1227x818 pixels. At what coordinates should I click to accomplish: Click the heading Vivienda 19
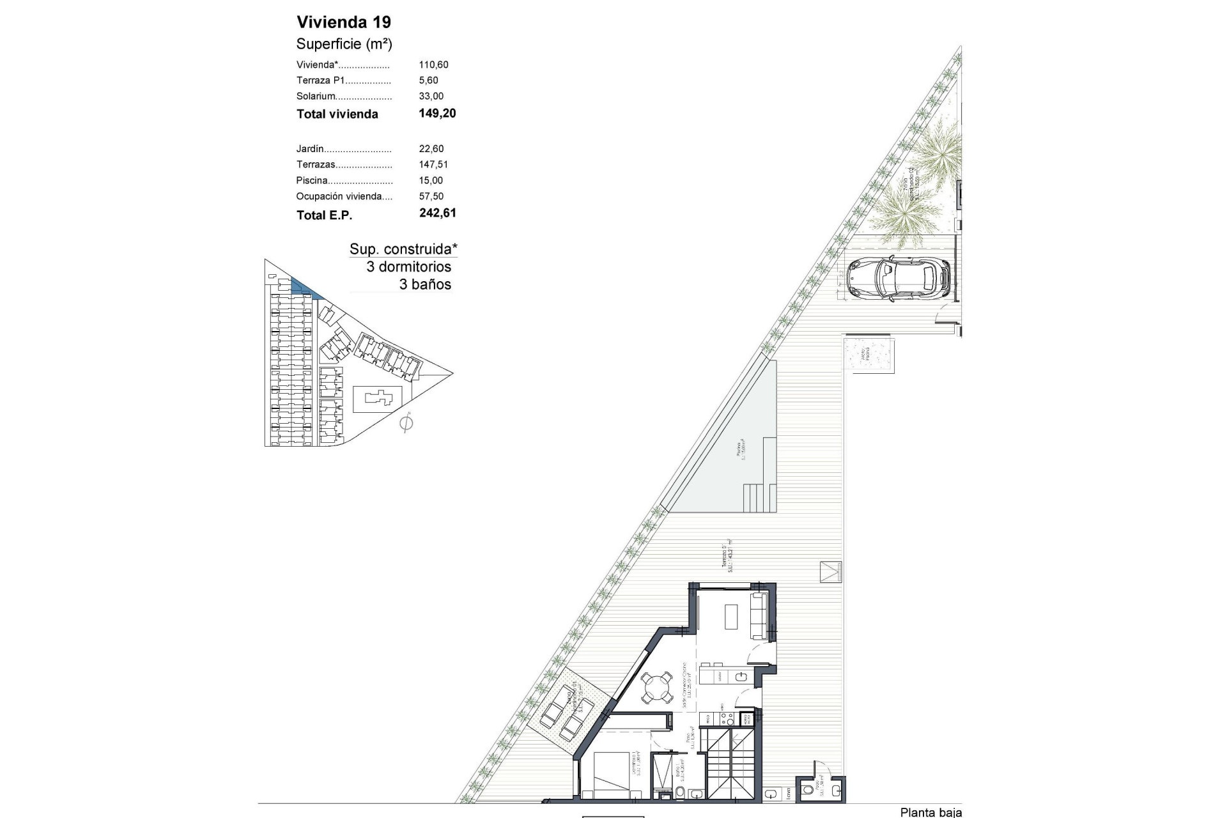point(344,22)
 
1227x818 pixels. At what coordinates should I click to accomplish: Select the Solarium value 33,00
point(431,96)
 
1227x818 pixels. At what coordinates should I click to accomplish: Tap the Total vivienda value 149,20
point(437,114)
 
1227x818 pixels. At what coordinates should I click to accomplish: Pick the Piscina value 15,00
point(431,181)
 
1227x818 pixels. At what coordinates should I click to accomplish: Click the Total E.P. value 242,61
point(437,213)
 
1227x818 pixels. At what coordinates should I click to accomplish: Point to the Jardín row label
point(310,149)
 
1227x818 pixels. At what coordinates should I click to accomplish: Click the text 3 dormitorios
point(408,267)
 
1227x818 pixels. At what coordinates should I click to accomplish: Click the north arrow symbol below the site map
point(406,423)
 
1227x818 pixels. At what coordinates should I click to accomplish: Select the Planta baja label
point(930,812)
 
